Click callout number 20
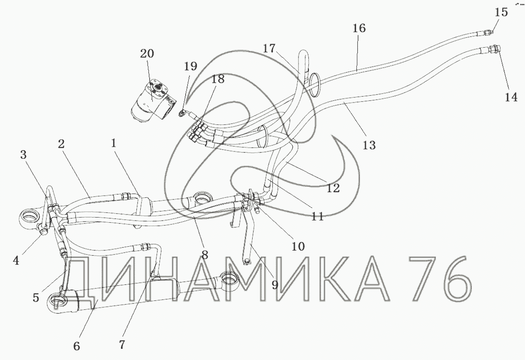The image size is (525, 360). [x=147, y=54]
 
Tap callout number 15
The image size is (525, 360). [x=501, y=12]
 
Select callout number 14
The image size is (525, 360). [x=510, y=97]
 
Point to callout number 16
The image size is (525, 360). [x=359, y=28]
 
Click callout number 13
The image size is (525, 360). [x=369, y=145]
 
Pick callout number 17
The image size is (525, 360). [x=269, y=48]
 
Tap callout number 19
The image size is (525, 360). [x=190, y=66]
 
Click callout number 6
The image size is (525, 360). [x=77, y=345]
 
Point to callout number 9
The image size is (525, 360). [x=275, y=284]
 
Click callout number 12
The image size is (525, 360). [x=333, y=188]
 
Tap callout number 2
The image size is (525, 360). [x=61, y=144]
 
